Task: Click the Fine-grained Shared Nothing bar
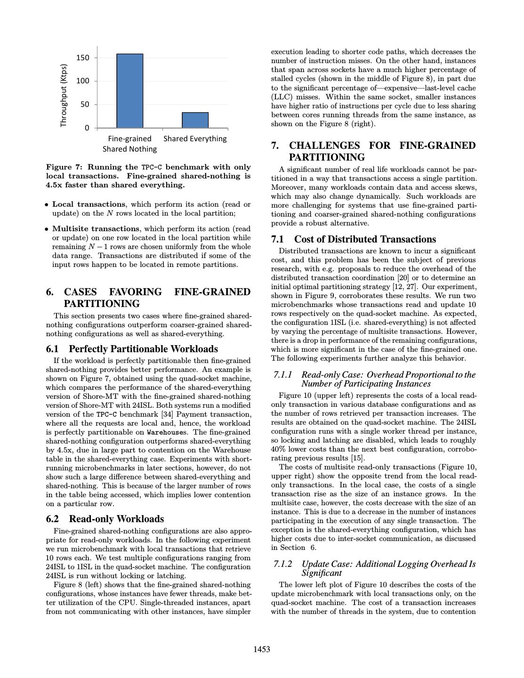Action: [129, 91]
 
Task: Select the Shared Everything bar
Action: [195, 120]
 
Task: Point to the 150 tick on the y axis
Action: [82, 58]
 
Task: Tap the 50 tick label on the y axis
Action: [84, 105]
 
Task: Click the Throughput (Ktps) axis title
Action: [64, 95]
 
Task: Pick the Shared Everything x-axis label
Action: [195, 139]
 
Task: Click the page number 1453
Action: [262, 650]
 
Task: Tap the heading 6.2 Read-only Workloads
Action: [105, 519]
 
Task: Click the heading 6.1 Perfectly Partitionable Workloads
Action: [132, 349]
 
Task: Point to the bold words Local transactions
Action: [89, 204]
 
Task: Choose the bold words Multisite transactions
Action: [96, 229]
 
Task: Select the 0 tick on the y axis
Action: [87, 128]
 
